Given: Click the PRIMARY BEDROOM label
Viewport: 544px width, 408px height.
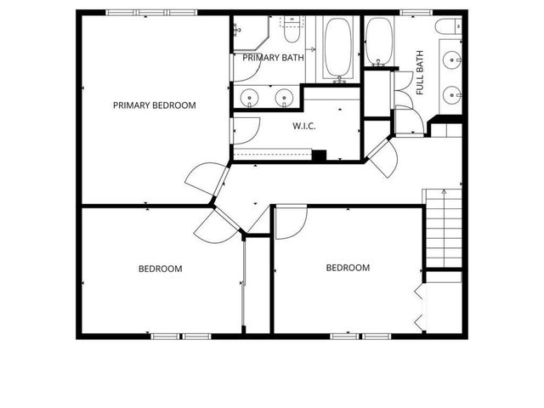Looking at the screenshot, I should [x=155, y=106].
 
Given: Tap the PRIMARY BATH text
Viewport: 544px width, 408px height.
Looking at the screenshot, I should [x=274, y=58].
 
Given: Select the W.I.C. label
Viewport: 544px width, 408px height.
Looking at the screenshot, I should [x=304, y=126].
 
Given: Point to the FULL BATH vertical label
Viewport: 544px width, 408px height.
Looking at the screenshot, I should [x=419, y=73].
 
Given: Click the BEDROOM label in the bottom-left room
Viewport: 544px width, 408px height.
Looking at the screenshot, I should [x=161, y=269].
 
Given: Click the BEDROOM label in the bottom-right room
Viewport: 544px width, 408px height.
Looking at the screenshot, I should [x=348, y=268].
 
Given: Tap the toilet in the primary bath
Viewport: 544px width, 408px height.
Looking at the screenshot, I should [x=291, y=30].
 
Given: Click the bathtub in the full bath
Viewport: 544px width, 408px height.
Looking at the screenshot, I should [x=378, y=41].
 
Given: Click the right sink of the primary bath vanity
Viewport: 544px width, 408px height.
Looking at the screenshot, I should [x=285, y=97].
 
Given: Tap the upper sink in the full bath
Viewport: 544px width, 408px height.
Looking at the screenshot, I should [x=450, y=59].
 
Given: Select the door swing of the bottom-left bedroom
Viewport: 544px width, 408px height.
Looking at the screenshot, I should [x=212, y=224].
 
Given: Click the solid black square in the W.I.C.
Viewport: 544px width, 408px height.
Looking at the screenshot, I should [x=320, y=155].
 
